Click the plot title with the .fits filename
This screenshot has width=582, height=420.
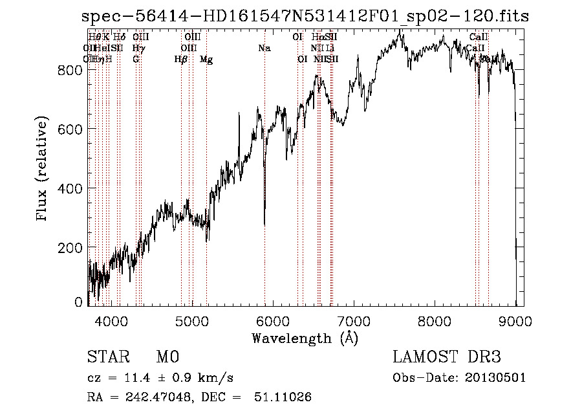pos(305,16)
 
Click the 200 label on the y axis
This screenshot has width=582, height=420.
pos(72,248)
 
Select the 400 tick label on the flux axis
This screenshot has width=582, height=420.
pos(72,188)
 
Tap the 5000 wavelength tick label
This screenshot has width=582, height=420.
pos(191,319)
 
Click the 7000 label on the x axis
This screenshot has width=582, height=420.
pos(354,319)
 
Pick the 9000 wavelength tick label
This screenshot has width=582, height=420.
pos(515,319)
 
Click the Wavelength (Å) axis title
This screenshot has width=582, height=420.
pos(305,338)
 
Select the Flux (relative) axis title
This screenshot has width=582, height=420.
pos(43,170)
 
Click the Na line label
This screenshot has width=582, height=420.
pos(264,48)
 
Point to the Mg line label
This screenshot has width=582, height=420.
pos(206,60)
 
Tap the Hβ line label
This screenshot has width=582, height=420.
pos(181,60)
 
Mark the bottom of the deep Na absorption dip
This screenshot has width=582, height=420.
pos(264,225)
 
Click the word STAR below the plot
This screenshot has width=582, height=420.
pos(107,357)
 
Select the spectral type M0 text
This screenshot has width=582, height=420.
pos(167,357)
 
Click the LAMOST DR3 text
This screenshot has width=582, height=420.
pos(446,357)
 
